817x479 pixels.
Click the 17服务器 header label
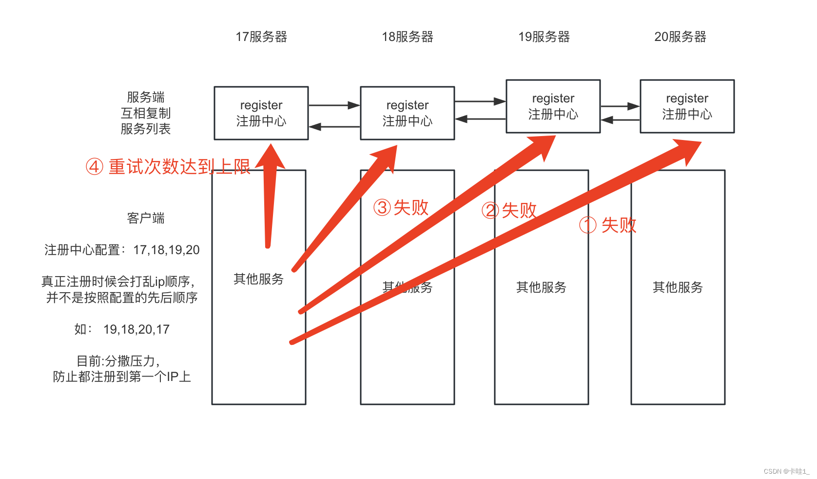coord(261,37)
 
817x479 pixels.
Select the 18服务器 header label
coord(408,37)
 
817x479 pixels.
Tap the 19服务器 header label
coord(544,37)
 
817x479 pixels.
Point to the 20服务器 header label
coord(681,37)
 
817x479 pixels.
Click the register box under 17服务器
coord(261,113)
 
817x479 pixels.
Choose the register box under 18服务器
coord(408,113)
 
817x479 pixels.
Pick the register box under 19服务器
coord(553,106)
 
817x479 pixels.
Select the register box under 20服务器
coord(687,106)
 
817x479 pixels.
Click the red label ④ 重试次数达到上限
coord(168,167)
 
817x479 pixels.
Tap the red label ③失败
coord(401,208)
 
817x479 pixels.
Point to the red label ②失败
coord(509,211)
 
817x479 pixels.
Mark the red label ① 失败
coord(608,225)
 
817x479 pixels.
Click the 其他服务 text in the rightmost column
coord(678,287)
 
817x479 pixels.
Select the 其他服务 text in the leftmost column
coord(259,279)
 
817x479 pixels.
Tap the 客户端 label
coord(146,218)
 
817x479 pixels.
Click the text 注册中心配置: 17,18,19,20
coord(122,250)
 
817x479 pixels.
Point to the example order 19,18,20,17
coord(136,330)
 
